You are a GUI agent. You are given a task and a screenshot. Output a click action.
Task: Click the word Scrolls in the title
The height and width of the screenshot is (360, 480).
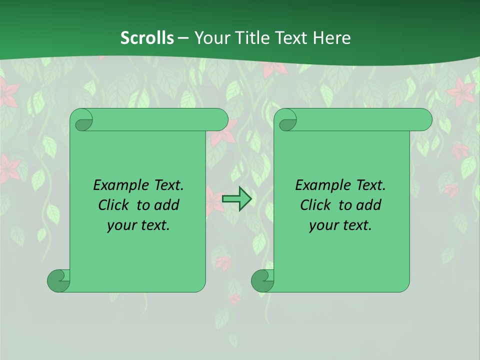pyautogui.click(x=147, y=37)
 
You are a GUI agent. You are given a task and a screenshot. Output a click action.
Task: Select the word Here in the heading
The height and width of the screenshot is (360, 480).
pyautogui.click(x=331, y=37)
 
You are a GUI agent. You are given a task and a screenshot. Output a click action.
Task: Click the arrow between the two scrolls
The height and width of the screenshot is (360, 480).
pyautogui.click(x=236, y=199)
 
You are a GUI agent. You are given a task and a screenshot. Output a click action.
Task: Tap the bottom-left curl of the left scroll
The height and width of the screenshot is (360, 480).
pyautogui.click(x=58, y=280)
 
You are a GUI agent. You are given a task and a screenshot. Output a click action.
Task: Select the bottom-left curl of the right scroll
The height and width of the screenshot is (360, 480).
pyautogui.click(x=262, y=280)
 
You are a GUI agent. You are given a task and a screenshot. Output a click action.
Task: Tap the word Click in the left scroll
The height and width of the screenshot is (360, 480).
pyautogui.click(x=114, y=205)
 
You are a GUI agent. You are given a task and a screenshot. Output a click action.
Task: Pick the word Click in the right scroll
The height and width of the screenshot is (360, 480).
pyautogui.click(x=316, y=205)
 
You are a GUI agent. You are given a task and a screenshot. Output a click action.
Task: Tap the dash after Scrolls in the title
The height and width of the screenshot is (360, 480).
pyautogui.click(x=183, y=37)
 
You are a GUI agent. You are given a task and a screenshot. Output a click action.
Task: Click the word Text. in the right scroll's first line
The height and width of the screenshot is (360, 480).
pyautogui.click(x=370, y=185)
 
